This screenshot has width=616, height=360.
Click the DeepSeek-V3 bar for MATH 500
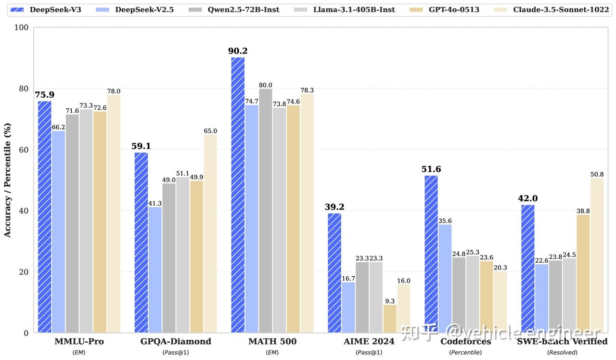tap(238, 195)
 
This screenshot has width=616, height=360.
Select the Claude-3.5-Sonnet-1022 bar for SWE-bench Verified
tap(597, 255)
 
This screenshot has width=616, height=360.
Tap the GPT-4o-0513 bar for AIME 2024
tap(390, 318)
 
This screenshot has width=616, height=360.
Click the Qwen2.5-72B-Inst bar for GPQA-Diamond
tap(169, 258)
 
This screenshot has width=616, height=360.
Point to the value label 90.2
tap(238, 51)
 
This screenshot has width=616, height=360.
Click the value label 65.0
tap(210, 131)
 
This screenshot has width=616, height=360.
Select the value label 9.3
tap(390, 301)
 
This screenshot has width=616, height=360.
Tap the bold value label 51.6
tap(431, 169)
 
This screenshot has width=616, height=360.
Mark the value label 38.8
tap(583, 211)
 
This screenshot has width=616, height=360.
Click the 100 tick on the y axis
tap(22, 28)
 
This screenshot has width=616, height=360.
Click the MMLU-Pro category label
tap(79, 342)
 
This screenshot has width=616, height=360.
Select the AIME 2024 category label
tap(369, 342)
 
